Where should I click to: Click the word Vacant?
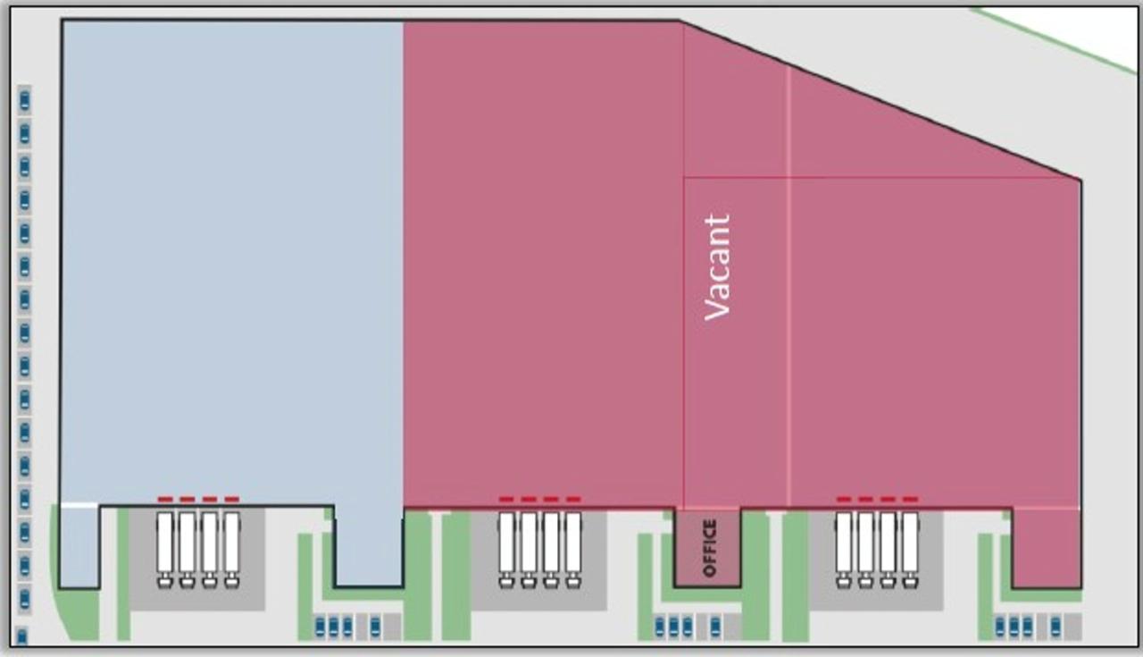[x=717, y=266]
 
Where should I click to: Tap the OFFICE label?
[x=709, y=548]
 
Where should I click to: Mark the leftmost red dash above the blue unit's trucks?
[x=165, y=499]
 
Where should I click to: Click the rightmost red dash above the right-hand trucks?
[x=910, y=499]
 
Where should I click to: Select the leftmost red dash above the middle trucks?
[x=506, y=499]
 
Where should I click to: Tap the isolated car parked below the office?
[x=715, y=627]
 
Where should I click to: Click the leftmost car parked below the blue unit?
[x=320, y=626]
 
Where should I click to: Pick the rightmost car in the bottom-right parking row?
[x=1055, y=626]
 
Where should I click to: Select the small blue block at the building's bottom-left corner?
[x=79, y=547]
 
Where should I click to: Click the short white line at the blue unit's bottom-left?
[x=79, y=506]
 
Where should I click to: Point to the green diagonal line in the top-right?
[x=1054, y=40]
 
